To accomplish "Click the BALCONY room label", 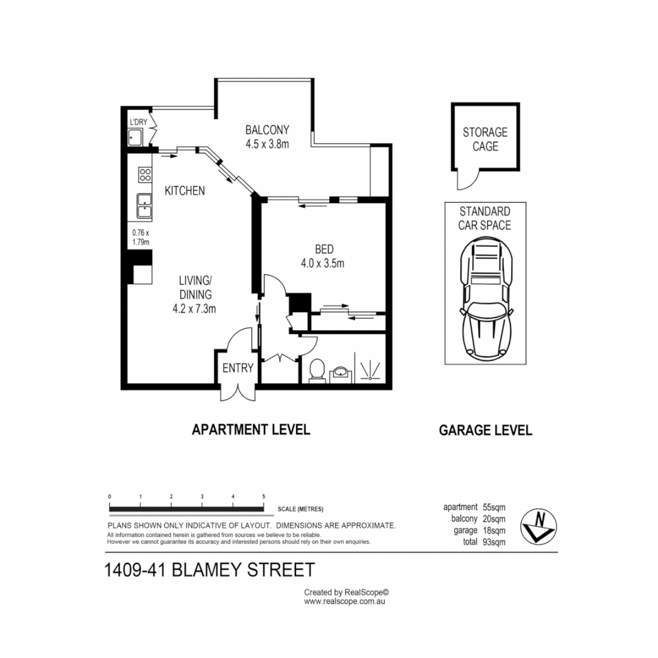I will pyautogui.click(x=267, y=130).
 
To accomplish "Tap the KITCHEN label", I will pyautogui.click(x=185, y=191).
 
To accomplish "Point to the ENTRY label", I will pyautogui.click(x=238, y=368).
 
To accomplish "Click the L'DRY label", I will pyautogui.click(x=138, y=122).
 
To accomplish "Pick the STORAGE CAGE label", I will pyautogui.click(x=485, y=139).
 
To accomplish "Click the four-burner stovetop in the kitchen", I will pyautogui.click(x=145, y=175).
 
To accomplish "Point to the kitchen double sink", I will pyautogui.click(x=145, y=205).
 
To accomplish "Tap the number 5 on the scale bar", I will pyautogui.click(x=263, y=497).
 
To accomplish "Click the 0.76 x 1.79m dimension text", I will pyautogui.click(x=141, y=237).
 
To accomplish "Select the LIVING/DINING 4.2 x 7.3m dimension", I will pyautogui.click(x=194, y=309).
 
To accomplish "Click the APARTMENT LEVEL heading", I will pyautogui.click(x=251, y=430).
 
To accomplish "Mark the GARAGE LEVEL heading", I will pyautogui.click(x=486, y=430).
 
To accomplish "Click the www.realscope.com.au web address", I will pyautogui.click(x=345, y=601).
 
